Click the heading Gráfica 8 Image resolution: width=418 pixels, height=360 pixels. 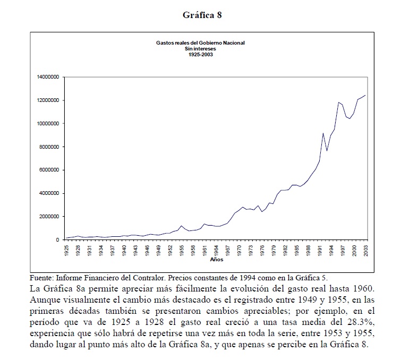[x=201, y=15]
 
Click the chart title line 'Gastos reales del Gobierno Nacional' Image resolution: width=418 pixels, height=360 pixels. [x=200, y=42]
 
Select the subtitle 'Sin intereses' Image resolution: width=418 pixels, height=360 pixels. [x=200, y=48]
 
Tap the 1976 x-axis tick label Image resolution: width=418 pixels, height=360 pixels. [x=262, y=251]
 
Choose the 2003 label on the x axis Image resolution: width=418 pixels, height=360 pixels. [x=365, y=251]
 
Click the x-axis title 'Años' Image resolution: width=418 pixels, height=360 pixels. [x=216, y=260]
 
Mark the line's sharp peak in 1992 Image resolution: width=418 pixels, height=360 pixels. [x=323, y=133]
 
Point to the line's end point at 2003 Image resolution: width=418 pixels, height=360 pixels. [x=365, y=96]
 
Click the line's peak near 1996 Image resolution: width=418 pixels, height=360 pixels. [x=338, y=102]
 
